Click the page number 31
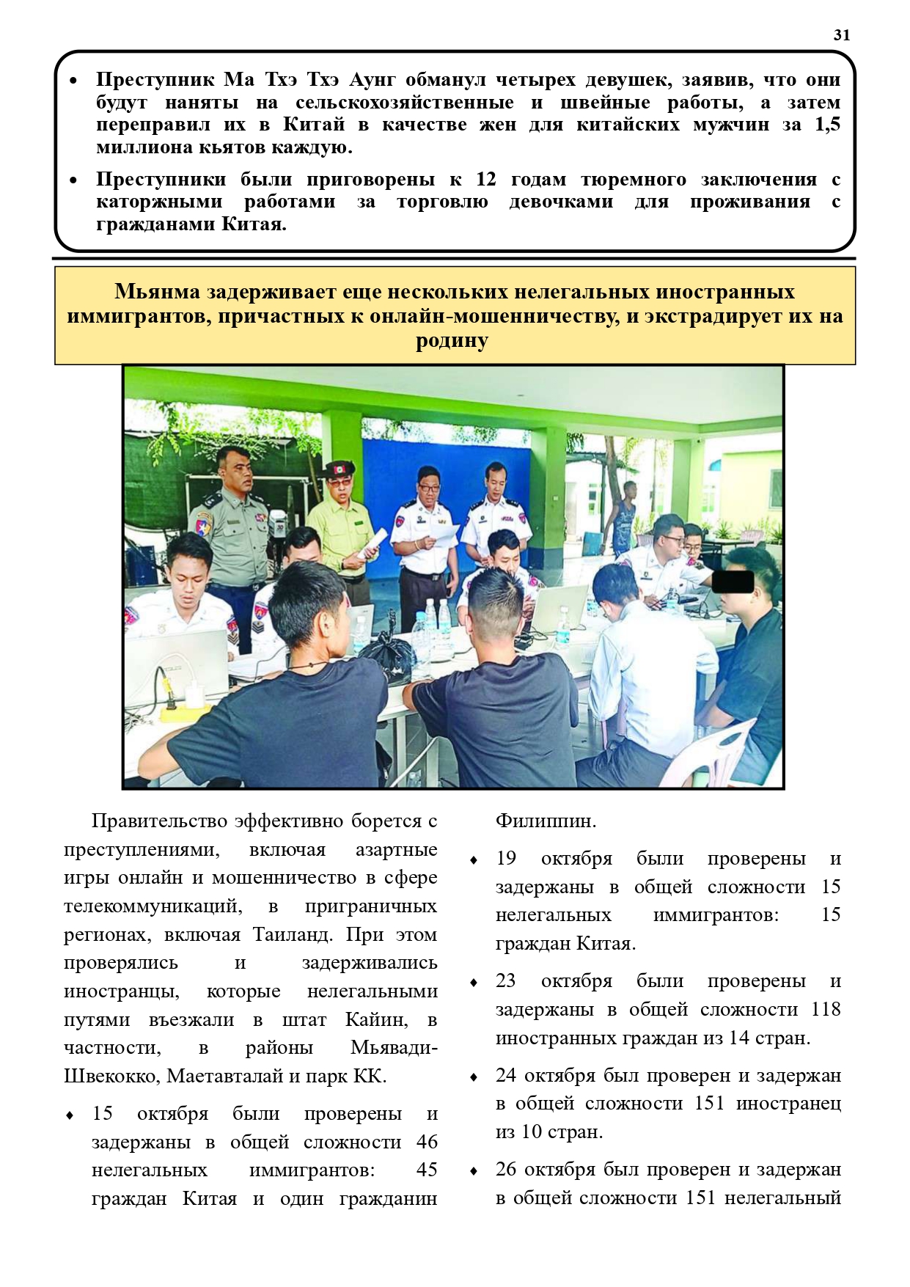click(842, 34)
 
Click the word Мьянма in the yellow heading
click(157, 292)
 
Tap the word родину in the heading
click(452, 341)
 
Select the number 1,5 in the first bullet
click(827, 125)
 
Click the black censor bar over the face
click(733, 582)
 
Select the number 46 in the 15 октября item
click(426, 1142)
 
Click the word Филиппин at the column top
click(546, 821)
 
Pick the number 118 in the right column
click(826, 1010)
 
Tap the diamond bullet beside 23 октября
click(474, 983)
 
